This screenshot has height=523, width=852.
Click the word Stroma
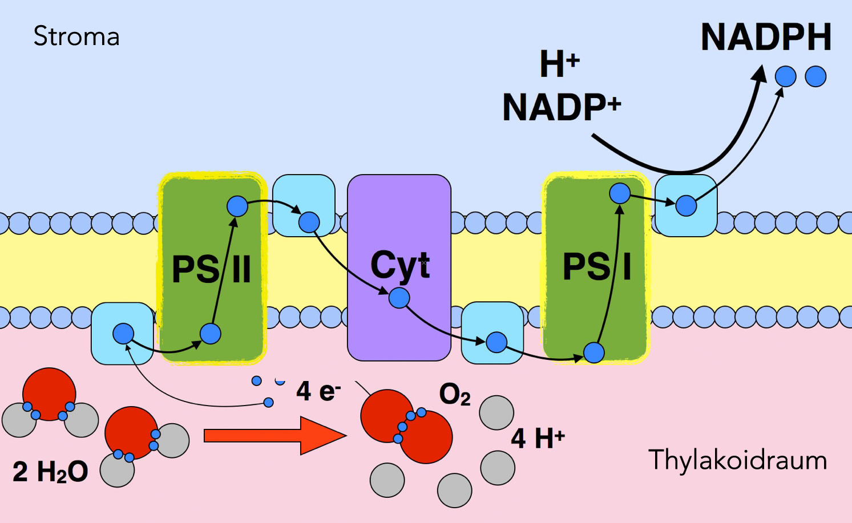tap(76, 37)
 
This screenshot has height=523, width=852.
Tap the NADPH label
tap(766, 38)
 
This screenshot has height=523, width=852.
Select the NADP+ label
tap(562, 107)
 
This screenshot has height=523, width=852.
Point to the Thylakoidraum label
tap(737, 460)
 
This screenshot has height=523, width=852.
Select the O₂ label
tap(455, 394)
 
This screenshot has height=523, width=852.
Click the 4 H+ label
tap(538, 438)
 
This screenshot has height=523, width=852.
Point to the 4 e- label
tap(318, 391)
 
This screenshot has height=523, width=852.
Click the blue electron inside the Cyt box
tap(399, 298)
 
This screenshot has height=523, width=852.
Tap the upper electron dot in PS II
tap(237, 206)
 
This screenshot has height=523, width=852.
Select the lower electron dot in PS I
tap(594, 352)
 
